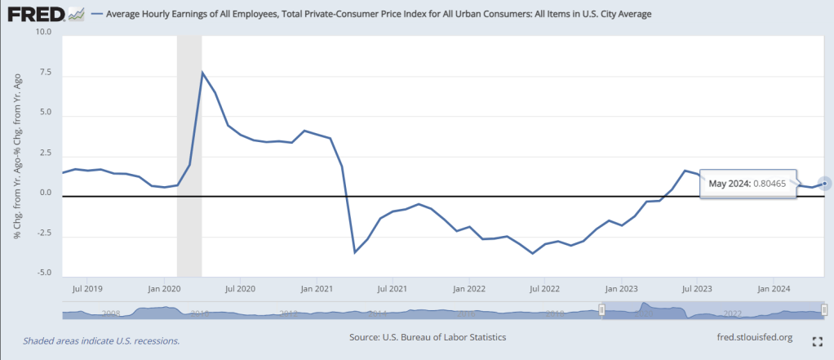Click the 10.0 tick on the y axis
[43, 33]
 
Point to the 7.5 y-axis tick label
[45, 73]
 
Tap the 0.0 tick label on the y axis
[45, 193]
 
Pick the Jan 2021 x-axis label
[316, 288]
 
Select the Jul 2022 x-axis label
[544, 288]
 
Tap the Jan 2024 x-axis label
[772, 288]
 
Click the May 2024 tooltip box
[747, 184]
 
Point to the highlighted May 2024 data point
[824, 183]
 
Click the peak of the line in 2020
[202, 73]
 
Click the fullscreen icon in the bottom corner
[817, 341]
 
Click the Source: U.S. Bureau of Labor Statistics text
[428, 336]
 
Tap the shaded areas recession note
[101, 340]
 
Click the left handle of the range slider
[601, 309]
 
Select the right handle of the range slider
[824, 309]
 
